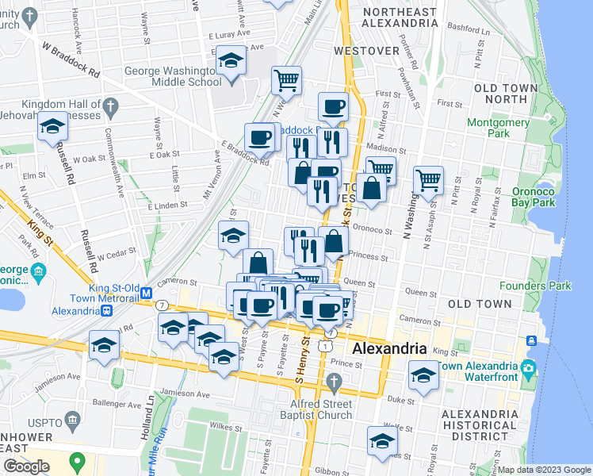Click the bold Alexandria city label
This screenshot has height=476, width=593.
389,349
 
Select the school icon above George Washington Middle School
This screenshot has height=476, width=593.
231,62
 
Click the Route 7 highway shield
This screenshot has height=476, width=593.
162,305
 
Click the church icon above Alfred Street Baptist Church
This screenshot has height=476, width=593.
334,385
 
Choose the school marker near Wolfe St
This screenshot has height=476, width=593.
382,441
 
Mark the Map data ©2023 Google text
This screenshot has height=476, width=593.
543,470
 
